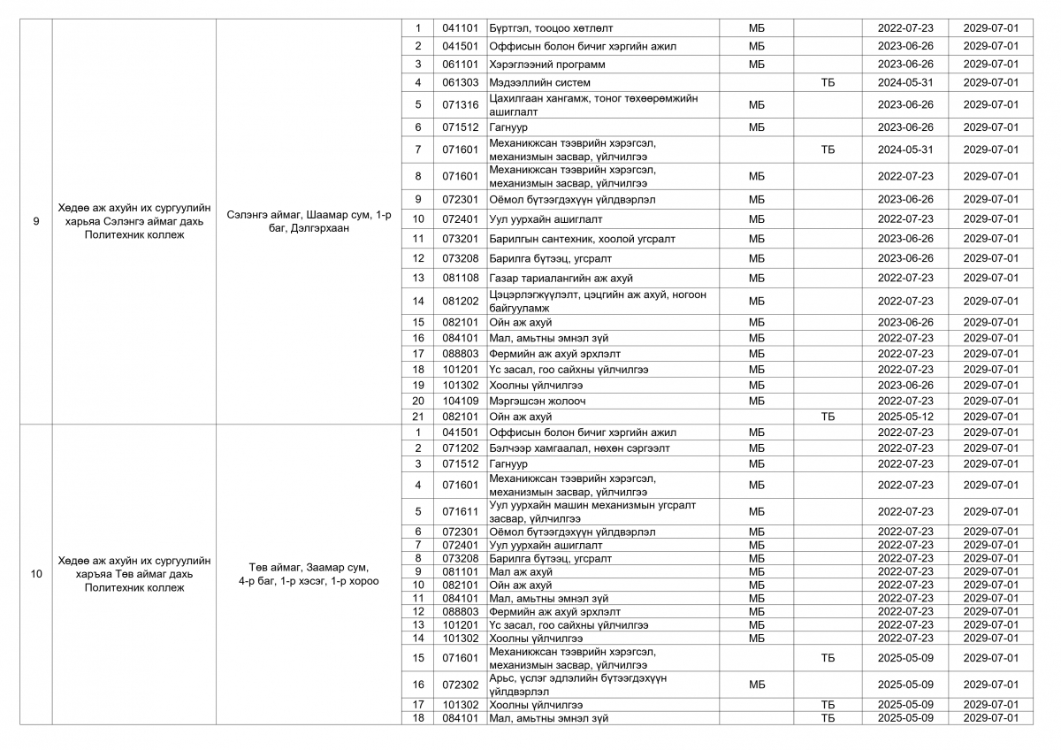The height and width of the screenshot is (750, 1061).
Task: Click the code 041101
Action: [x=460, y=28]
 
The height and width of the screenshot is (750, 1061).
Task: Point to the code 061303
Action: [x=460, y=82]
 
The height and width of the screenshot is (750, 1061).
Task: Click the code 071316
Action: [x=460, y=104]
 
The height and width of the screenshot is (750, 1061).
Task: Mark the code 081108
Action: [x=460, y=278]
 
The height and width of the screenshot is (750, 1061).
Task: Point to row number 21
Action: [x=418, y=417]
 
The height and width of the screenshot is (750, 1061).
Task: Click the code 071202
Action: [x=460, y=448]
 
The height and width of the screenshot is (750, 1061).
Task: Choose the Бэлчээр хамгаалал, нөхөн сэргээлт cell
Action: [x=579, y=448]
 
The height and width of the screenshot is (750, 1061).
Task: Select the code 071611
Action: [x=460, y=511]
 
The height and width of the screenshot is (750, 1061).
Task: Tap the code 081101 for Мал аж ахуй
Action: [x=460, y=571]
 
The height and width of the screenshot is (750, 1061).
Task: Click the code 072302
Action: [x=460, y=684]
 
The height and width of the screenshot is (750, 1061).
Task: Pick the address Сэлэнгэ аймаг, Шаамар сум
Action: [x=309, y=221]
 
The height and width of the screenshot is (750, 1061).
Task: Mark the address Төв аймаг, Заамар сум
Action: [x=309, y=574]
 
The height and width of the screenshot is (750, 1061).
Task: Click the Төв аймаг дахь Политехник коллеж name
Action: [x=134, y=574]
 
